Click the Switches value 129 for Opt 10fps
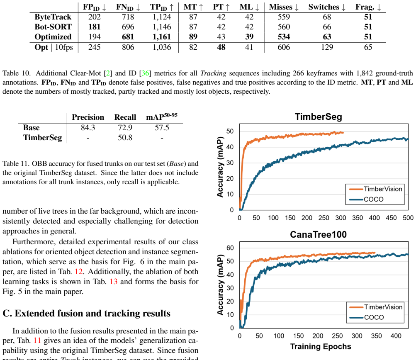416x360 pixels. pos(327,47)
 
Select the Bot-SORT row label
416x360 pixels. pos(53,27)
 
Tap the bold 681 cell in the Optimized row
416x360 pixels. pos(128,37)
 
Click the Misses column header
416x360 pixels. pos(284,7)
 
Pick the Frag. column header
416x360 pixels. pos(368,7)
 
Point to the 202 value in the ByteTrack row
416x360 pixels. pos(95,17)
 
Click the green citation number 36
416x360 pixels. pos(145,73)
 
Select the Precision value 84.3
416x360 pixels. pos(88,128)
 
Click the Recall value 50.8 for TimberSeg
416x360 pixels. pos(125,138)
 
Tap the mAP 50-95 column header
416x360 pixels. pos(162,117)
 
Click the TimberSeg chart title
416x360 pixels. pos(319,117)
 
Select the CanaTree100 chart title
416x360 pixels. pos(319,234)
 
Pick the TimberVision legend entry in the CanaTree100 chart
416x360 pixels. pos(376,307)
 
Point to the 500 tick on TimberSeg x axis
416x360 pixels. pos(408,218)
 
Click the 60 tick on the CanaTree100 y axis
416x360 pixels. pos(230,248)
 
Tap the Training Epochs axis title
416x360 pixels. pos(321,346)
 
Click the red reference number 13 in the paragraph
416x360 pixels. pos(114,282)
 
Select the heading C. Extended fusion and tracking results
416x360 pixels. pos(87,313)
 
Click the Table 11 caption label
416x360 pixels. pos(16,164)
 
